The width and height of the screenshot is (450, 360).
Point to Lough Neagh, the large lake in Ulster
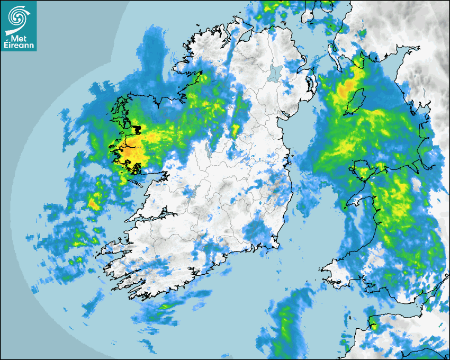[x=275, y=73]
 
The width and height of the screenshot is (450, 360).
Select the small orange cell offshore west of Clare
[x=94, y=202]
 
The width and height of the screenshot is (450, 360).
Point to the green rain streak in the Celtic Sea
[x=286, y=323]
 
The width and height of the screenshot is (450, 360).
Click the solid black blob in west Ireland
[x=137, y=129]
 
